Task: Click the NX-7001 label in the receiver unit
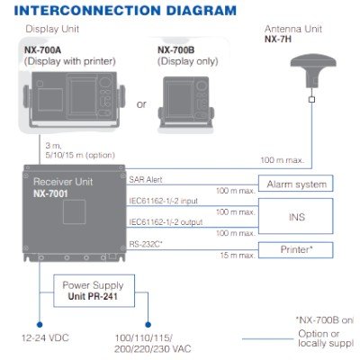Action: point(58,193)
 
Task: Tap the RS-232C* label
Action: point(147,242)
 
